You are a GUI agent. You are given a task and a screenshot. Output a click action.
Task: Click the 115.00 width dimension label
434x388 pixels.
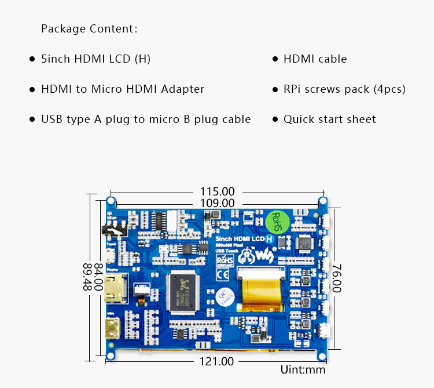(x=217, y=191)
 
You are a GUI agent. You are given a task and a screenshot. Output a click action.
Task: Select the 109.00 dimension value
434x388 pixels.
(x=217, y=203)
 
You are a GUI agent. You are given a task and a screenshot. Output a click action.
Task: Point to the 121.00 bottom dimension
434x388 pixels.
(x=217, y=361)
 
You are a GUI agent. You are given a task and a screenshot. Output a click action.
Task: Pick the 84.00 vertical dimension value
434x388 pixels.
(x=98, y=277)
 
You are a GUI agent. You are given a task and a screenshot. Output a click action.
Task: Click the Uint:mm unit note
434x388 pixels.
(x=303, y=369)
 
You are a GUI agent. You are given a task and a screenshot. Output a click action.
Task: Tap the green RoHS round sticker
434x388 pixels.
(x=276, y=221)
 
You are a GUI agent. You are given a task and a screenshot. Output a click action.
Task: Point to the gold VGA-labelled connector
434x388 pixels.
(x=112, y=329)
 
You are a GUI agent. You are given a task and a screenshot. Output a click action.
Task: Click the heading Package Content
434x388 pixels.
(x=89, y=29)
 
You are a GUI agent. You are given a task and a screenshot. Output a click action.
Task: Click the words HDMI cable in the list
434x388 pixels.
(x=315, y=59)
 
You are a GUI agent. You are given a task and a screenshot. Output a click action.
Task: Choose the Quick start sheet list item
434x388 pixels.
(x=329, y=119)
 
